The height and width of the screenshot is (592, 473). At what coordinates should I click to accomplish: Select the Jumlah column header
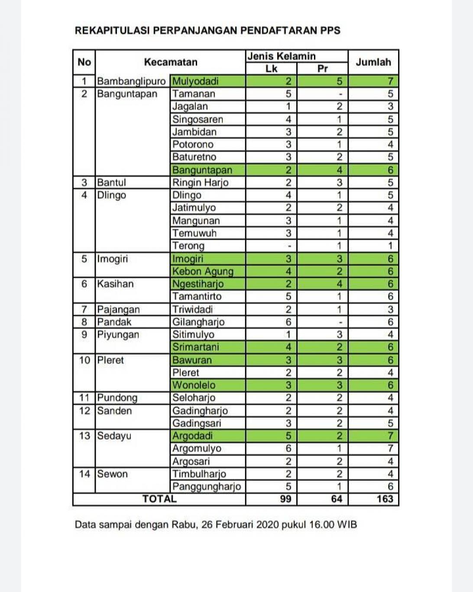(x=373, y=62)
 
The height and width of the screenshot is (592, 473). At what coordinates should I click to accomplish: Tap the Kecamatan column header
(x=170, y=62)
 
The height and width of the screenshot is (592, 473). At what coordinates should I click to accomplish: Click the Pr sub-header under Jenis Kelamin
(x=323, y=68)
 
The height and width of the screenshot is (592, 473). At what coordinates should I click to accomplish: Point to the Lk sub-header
(x=271, y=68)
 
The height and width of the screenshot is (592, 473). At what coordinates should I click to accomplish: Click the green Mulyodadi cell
(x=195, y=81)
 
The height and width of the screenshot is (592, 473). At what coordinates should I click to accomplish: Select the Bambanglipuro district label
(x=131, y=81)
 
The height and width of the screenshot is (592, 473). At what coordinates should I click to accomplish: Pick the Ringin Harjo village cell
(x=200, y=182)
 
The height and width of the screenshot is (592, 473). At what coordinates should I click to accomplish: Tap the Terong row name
(x=188, y=246)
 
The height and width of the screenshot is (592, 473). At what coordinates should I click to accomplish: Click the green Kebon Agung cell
(x=203, y=271)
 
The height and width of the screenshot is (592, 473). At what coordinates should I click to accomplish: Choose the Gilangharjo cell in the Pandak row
(x=198, y=322)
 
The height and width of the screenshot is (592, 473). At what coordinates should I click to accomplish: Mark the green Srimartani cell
(x=196, y=347)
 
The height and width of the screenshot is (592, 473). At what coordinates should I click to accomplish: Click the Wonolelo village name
(x=194, y=385)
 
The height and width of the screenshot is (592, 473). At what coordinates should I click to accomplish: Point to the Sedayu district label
(x=114, y=436)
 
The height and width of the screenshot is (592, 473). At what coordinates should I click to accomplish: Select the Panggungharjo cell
(x=207, y=486)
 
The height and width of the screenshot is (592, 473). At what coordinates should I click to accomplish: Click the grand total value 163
(x=385, y=499)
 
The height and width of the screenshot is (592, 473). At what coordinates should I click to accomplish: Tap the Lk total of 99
(x=286, y=499)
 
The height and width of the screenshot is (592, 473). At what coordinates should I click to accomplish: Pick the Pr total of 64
(x=337, y=499)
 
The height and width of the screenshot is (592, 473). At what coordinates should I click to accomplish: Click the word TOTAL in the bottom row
(x=159, y=499)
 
